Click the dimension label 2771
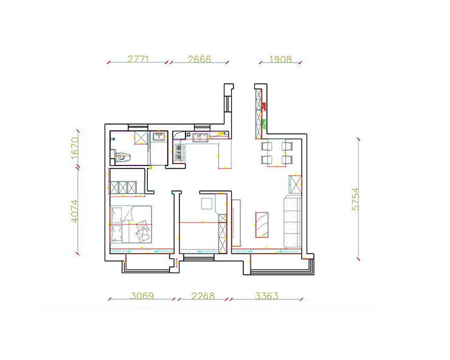(138, 59)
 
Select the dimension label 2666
(199, 59)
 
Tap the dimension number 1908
(280, 60)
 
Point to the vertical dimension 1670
(75, 148)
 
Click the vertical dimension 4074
(75, 211)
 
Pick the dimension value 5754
(355, 199)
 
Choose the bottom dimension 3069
(142, 296)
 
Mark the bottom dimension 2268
(203, 296)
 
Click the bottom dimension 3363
(266, 296)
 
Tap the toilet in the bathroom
(123, 157)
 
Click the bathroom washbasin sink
(159, 136)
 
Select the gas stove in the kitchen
(179, 152)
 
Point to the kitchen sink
(200, 137)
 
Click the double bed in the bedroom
(131, 224)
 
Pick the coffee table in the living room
(262, 225)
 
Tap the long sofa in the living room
(292, 221)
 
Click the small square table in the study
(206, 204)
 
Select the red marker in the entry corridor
(264, 106)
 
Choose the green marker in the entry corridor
(264, 124)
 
